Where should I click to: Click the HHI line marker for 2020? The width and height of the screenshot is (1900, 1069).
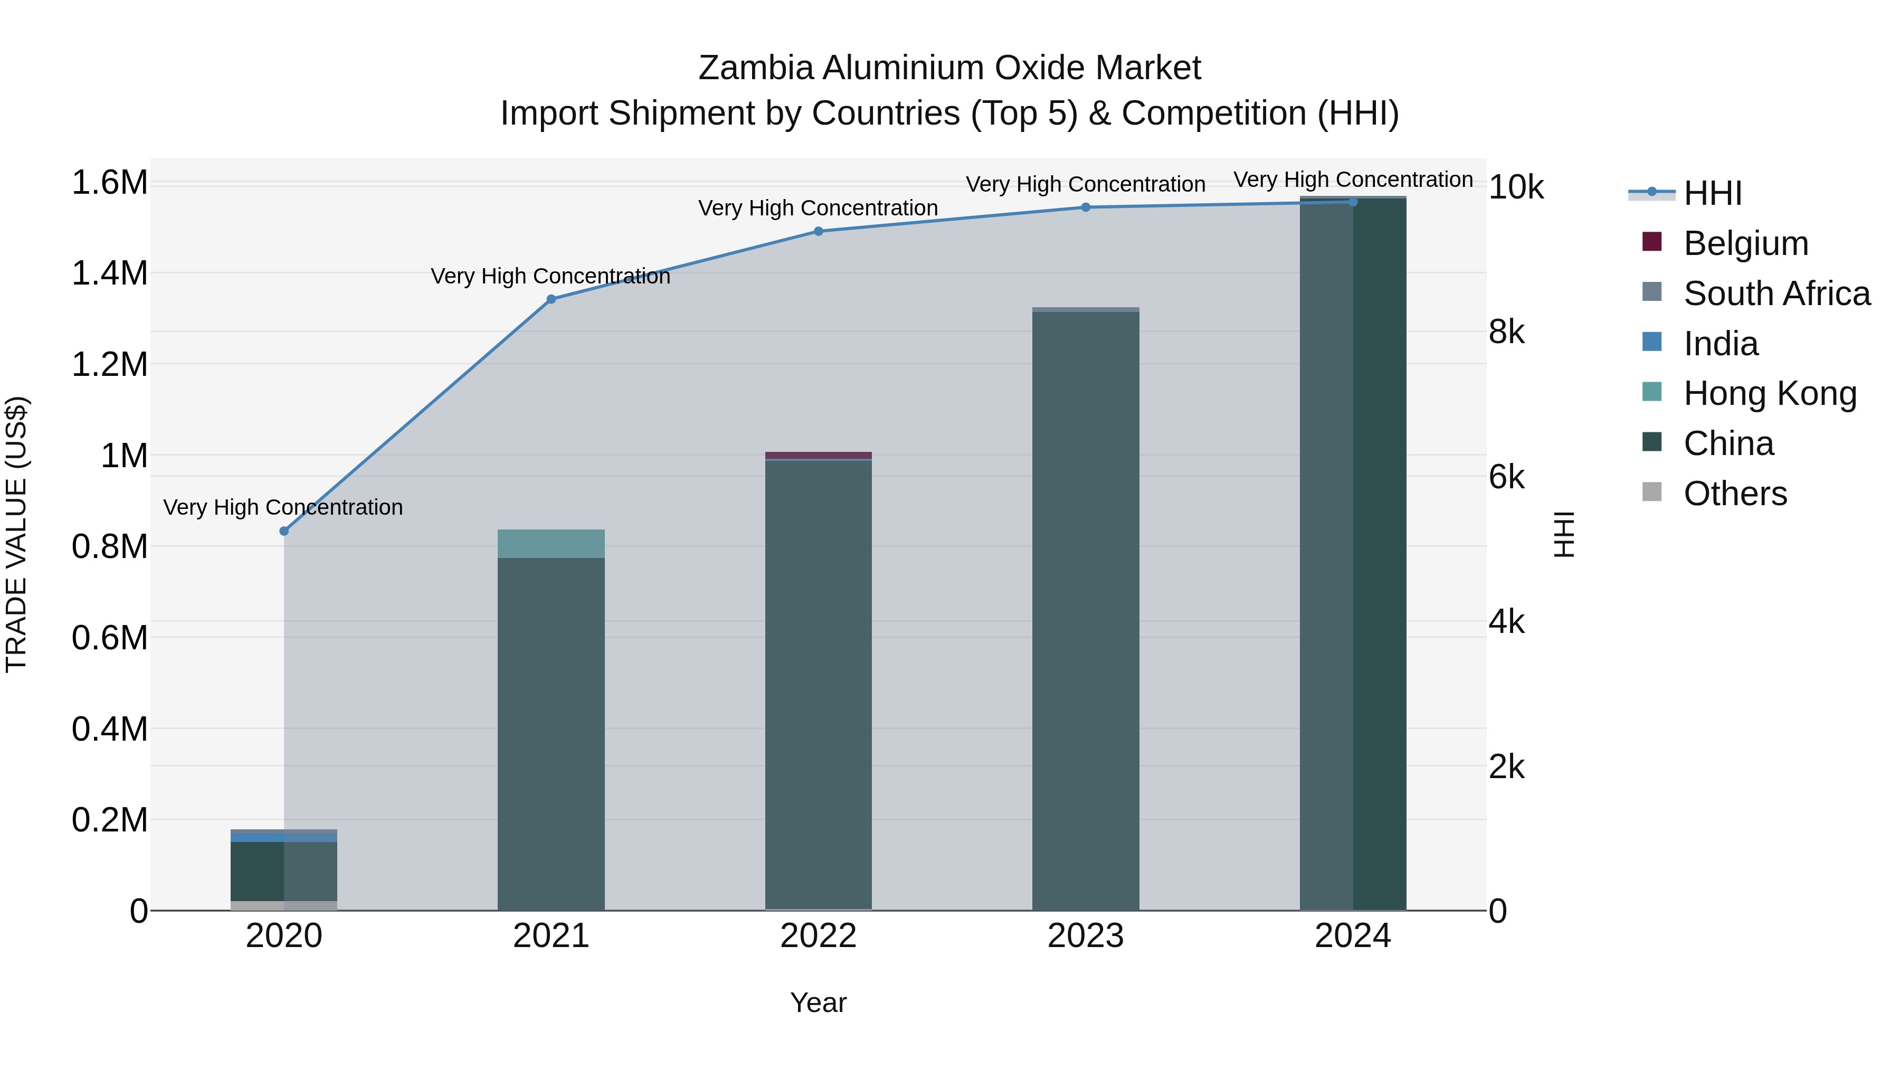[284, 531]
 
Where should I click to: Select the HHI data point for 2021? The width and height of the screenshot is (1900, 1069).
[551, 299]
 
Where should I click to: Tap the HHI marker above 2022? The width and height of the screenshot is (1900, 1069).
[818, 231]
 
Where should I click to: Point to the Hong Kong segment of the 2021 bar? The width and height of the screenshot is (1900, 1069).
[551, 544]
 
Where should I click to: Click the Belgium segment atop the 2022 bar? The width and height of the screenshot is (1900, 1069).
[818, 455]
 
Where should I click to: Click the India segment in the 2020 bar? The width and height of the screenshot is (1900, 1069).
[284, 837]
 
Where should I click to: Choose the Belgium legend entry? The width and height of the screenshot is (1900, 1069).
[1745, 243]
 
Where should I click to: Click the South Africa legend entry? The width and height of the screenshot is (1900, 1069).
[1776, 294]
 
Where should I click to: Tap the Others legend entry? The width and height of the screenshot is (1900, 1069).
[1735, 494]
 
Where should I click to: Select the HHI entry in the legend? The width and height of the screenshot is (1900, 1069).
[1713, 193]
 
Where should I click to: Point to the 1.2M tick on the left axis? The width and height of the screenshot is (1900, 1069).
[109, 364]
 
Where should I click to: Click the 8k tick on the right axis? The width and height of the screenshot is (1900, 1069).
[1506, 333]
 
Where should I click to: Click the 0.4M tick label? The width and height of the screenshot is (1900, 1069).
[109, 729]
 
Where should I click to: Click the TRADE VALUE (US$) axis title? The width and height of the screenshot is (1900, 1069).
[16, 534]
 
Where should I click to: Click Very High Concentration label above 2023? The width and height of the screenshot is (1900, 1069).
[1085, 184]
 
